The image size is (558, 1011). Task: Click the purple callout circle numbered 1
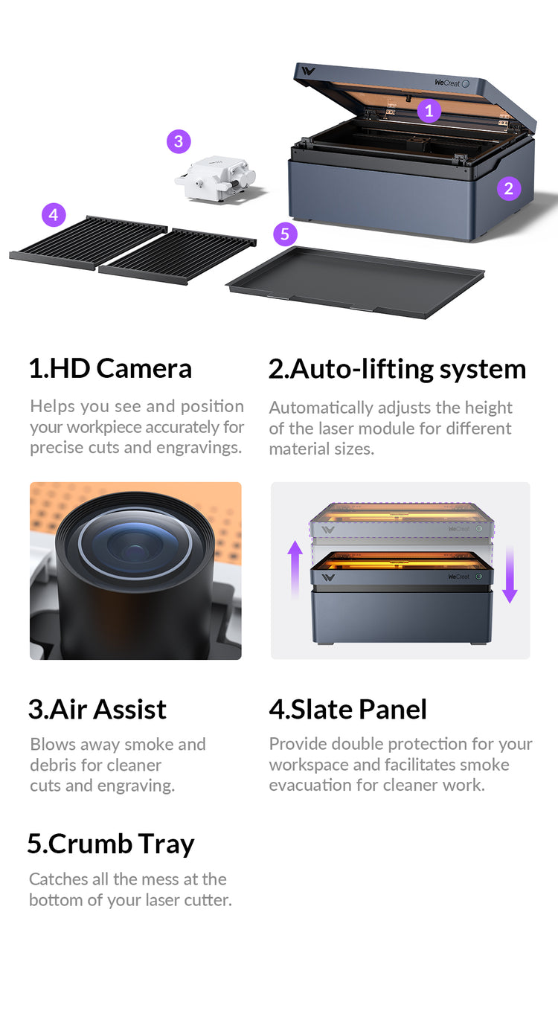pyautogui.click(x=429, y=111)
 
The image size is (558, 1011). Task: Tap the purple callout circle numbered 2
pyautogui.click(x=509, y=189)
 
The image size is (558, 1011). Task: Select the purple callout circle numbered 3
pyautogui.click(x=179, y=142)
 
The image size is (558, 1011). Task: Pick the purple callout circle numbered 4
pyautogui.click(x=54, y=215)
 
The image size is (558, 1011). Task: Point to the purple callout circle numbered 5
pyautogui.click(x=285, y=234)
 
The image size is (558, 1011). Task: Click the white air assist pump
pyautogui.click(x=216, y=179)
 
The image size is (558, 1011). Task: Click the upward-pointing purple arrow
pyautogui.click(x=295, y=570)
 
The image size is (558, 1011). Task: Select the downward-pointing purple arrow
pyautogui.click(x=510, y=574)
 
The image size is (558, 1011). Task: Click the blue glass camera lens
pyautogui.click(x=135, y=545)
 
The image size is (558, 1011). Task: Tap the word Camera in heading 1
pyautogui.click(x=144, y=368)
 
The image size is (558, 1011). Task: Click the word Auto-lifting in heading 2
pyautogui.click(x=361, y=369)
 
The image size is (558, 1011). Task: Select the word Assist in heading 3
pyautogui.click(x=130, y=709)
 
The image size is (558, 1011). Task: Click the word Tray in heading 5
pyautogui.click(x=166, y=844)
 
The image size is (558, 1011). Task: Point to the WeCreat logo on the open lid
pyautogui.click(x=447, y=83)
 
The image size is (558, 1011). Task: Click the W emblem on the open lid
pyautogui.click(x=308, y=71)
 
